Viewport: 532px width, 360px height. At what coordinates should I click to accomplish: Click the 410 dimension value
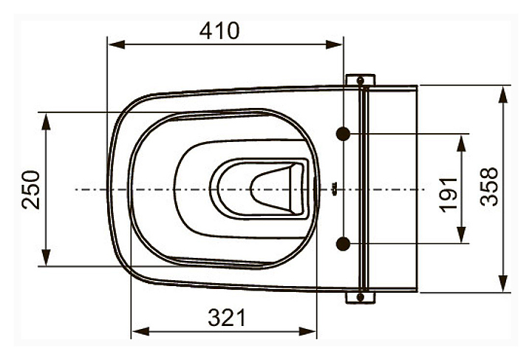(x=219, y=30)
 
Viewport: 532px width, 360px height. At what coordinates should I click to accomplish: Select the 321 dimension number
(x=227, y=318)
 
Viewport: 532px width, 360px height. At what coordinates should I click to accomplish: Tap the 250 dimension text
(x=31, y=189)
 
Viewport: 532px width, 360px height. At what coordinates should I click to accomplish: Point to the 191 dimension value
(x=449, y=194)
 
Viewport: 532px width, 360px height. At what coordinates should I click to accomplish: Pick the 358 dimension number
(x=489, y=186)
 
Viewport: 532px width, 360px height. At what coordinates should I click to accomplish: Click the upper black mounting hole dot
(x=344, y=134)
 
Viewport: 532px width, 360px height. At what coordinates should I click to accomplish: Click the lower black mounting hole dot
(x=343, y=244)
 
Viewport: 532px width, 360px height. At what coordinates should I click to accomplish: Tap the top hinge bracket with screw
(x=361, y=80)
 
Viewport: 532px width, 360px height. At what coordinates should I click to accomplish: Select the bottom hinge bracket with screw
(x=361, y=297)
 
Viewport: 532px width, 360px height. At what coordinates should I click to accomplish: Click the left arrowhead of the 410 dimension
(x=116, y=44)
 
